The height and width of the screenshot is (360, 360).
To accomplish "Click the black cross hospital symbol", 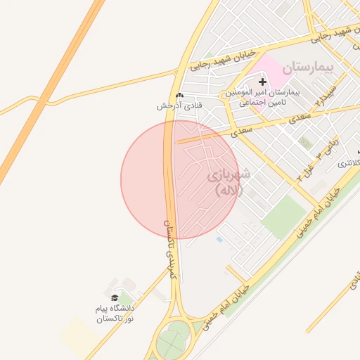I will click(x=263, y=82).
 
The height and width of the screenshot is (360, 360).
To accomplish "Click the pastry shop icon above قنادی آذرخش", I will click(x=180, y=96).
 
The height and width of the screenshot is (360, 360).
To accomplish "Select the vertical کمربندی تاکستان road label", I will click(x=169, y=246).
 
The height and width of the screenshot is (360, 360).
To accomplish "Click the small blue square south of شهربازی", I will click(x=219, y=240).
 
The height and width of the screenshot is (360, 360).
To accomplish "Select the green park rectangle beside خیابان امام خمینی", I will click(x=285, y=217).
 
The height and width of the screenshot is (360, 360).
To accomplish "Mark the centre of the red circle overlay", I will click(x=179, y=179).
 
